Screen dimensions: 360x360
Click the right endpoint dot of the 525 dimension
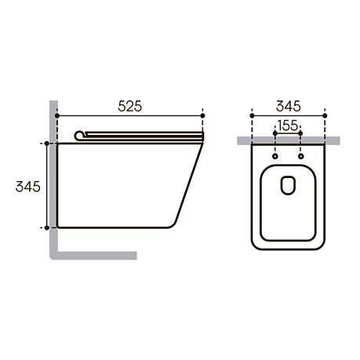pyautogui.click(x=202, y=115)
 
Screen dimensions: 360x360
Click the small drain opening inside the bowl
pyautogui.click(x=288, y=185)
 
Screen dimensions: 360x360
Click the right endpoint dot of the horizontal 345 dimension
pyautogui.click(x=324, y=115)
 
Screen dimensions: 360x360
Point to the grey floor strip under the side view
pyautogui.click(x=94, y=255)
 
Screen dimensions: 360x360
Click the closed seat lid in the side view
pyautogui.click(x=141, y=135)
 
